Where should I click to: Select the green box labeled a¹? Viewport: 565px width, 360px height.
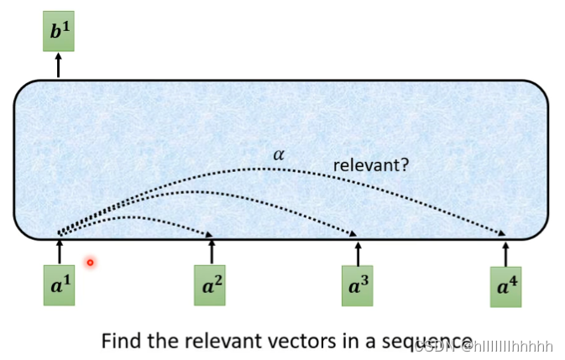[x=59, y=284]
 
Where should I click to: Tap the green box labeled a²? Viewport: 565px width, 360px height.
[x=211, y=285]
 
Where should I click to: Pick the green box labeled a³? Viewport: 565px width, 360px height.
[x=358, y=285]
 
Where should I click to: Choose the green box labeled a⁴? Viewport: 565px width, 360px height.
[x=505, y=286]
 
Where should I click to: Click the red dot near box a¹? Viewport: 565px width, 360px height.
[x=90, y=263]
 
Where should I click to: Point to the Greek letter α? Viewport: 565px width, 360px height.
[x=278, y=154]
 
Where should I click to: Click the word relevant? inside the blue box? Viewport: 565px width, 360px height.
[x=371, y=165]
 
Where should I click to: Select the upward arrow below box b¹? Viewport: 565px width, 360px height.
[x=59, y=65]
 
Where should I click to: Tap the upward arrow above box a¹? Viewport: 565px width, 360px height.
[x=59, y=250]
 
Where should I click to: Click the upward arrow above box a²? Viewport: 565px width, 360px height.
[x=211, y=251]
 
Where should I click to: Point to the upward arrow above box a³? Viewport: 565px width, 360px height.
[x=358, y=252]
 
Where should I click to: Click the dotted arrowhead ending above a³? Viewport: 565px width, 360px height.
[x=354, y=235]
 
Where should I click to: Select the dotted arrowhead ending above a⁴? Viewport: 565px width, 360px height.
[x=503, y=235]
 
